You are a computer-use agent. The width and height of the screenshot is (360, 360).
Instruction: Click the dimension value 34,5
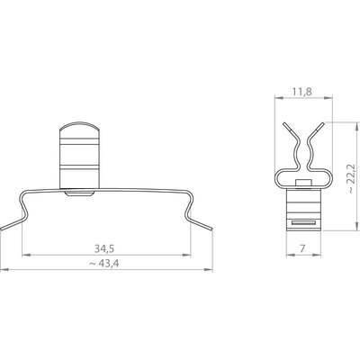coord(104,248)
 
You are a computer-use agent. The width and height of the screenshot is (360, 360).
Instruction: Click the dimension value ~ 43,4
coord(104,264)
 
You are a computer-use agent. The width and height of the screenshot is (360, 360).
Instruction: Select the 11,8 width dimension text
coord(301,92)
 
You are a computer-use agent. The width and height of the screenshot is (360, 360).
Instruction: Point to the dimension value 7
coord(302,248)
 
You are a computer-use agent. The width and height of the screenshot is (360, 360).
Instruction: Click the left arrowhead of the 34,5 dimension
coord(26,256)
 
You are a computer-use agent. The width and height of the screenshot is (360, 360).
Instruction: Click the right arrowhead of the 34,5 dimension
coord(186,256)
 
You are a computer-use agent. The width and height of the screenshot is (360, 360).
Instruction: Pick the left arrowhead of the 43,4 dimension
coord(4,270)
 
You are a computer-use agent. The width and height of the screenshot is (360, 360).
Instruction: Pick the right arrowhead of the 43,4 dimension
coord(209,270)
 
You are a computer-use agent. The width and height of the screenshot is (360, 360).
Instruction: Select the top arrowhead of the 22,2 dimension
coord(356,126)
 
